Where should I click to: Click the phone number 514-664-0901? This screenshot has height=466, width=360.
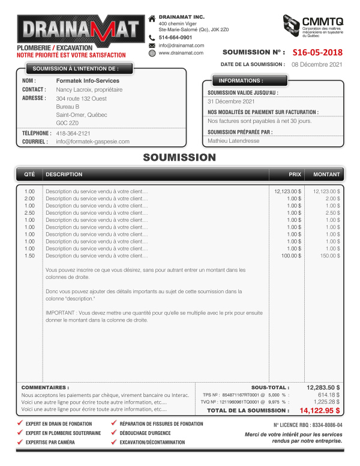click(x=175, y=37)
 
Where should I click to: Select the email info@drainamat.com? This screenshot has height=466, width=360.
click(x=179, y=45)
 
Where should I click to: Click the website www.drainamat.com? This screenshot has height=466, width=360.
click(x=181, y=53)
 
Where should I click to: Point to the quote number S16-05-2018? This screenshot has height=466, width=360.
click(x=317, y=52)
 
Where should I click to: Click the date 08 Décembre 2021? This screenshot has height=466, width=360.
click(x=317, y=64)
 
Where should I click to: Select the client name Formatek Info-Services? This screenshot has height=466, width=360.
click(x=88, y=80)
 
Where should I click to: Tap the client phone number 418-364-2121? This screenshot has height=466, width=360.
click(x=73, y=133)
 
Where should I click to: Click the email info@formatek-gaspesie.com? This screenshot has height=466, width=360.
click(x=92, y=142)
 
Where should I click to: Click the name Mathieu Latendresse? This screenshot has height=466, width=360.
click(x=234, y=140)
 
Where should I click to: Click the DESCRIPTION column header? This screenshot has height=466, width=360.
click(x=64, y=175)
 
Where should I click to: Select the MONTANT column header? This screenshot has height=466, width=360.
click(x=326, y=175)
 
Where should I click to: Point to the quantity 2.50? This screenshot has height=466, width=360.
click(x=29, y=212)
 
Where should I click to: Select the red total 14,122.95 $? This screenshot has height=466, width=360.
click(x=320, y=411)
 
